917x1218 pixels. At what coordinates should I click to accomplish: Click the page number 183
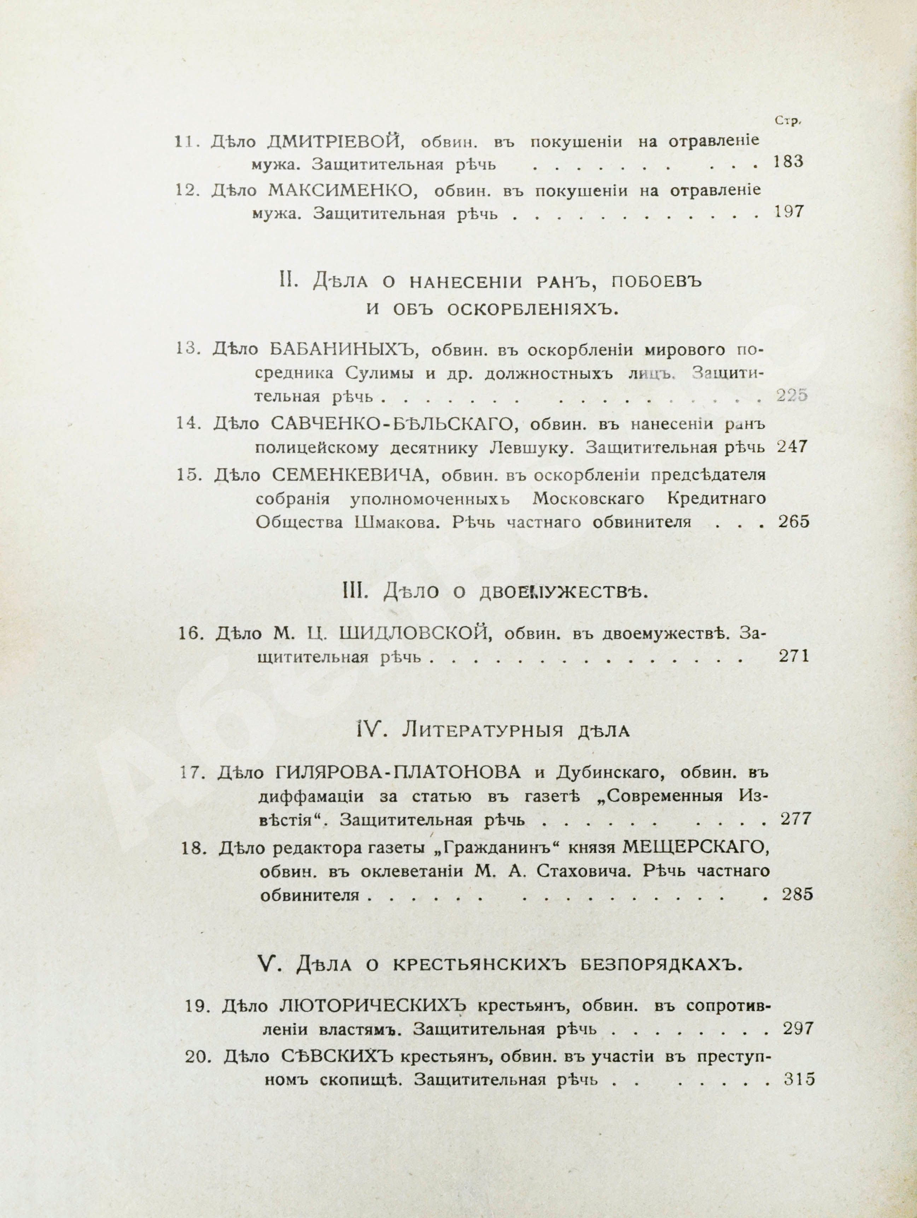(x=788, y=162)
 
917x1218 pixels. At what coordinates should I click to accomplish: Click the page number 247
(x=792, y=446)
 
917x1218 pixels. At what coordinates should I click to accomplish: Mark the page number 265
(x=794, y=521)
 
